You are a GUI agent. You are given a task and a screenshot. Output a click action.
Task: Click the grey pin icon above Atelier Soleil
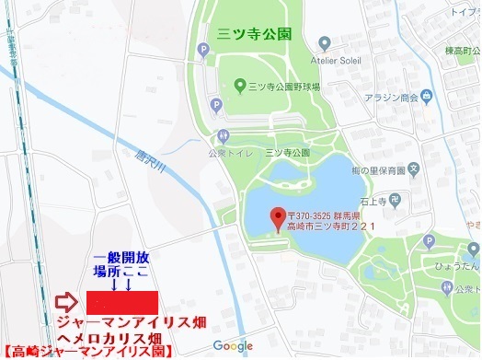[x=324, y=43]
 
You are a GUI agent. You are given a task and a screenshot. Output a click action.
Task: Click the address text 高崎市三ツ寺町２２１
[x=335, y=226]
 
